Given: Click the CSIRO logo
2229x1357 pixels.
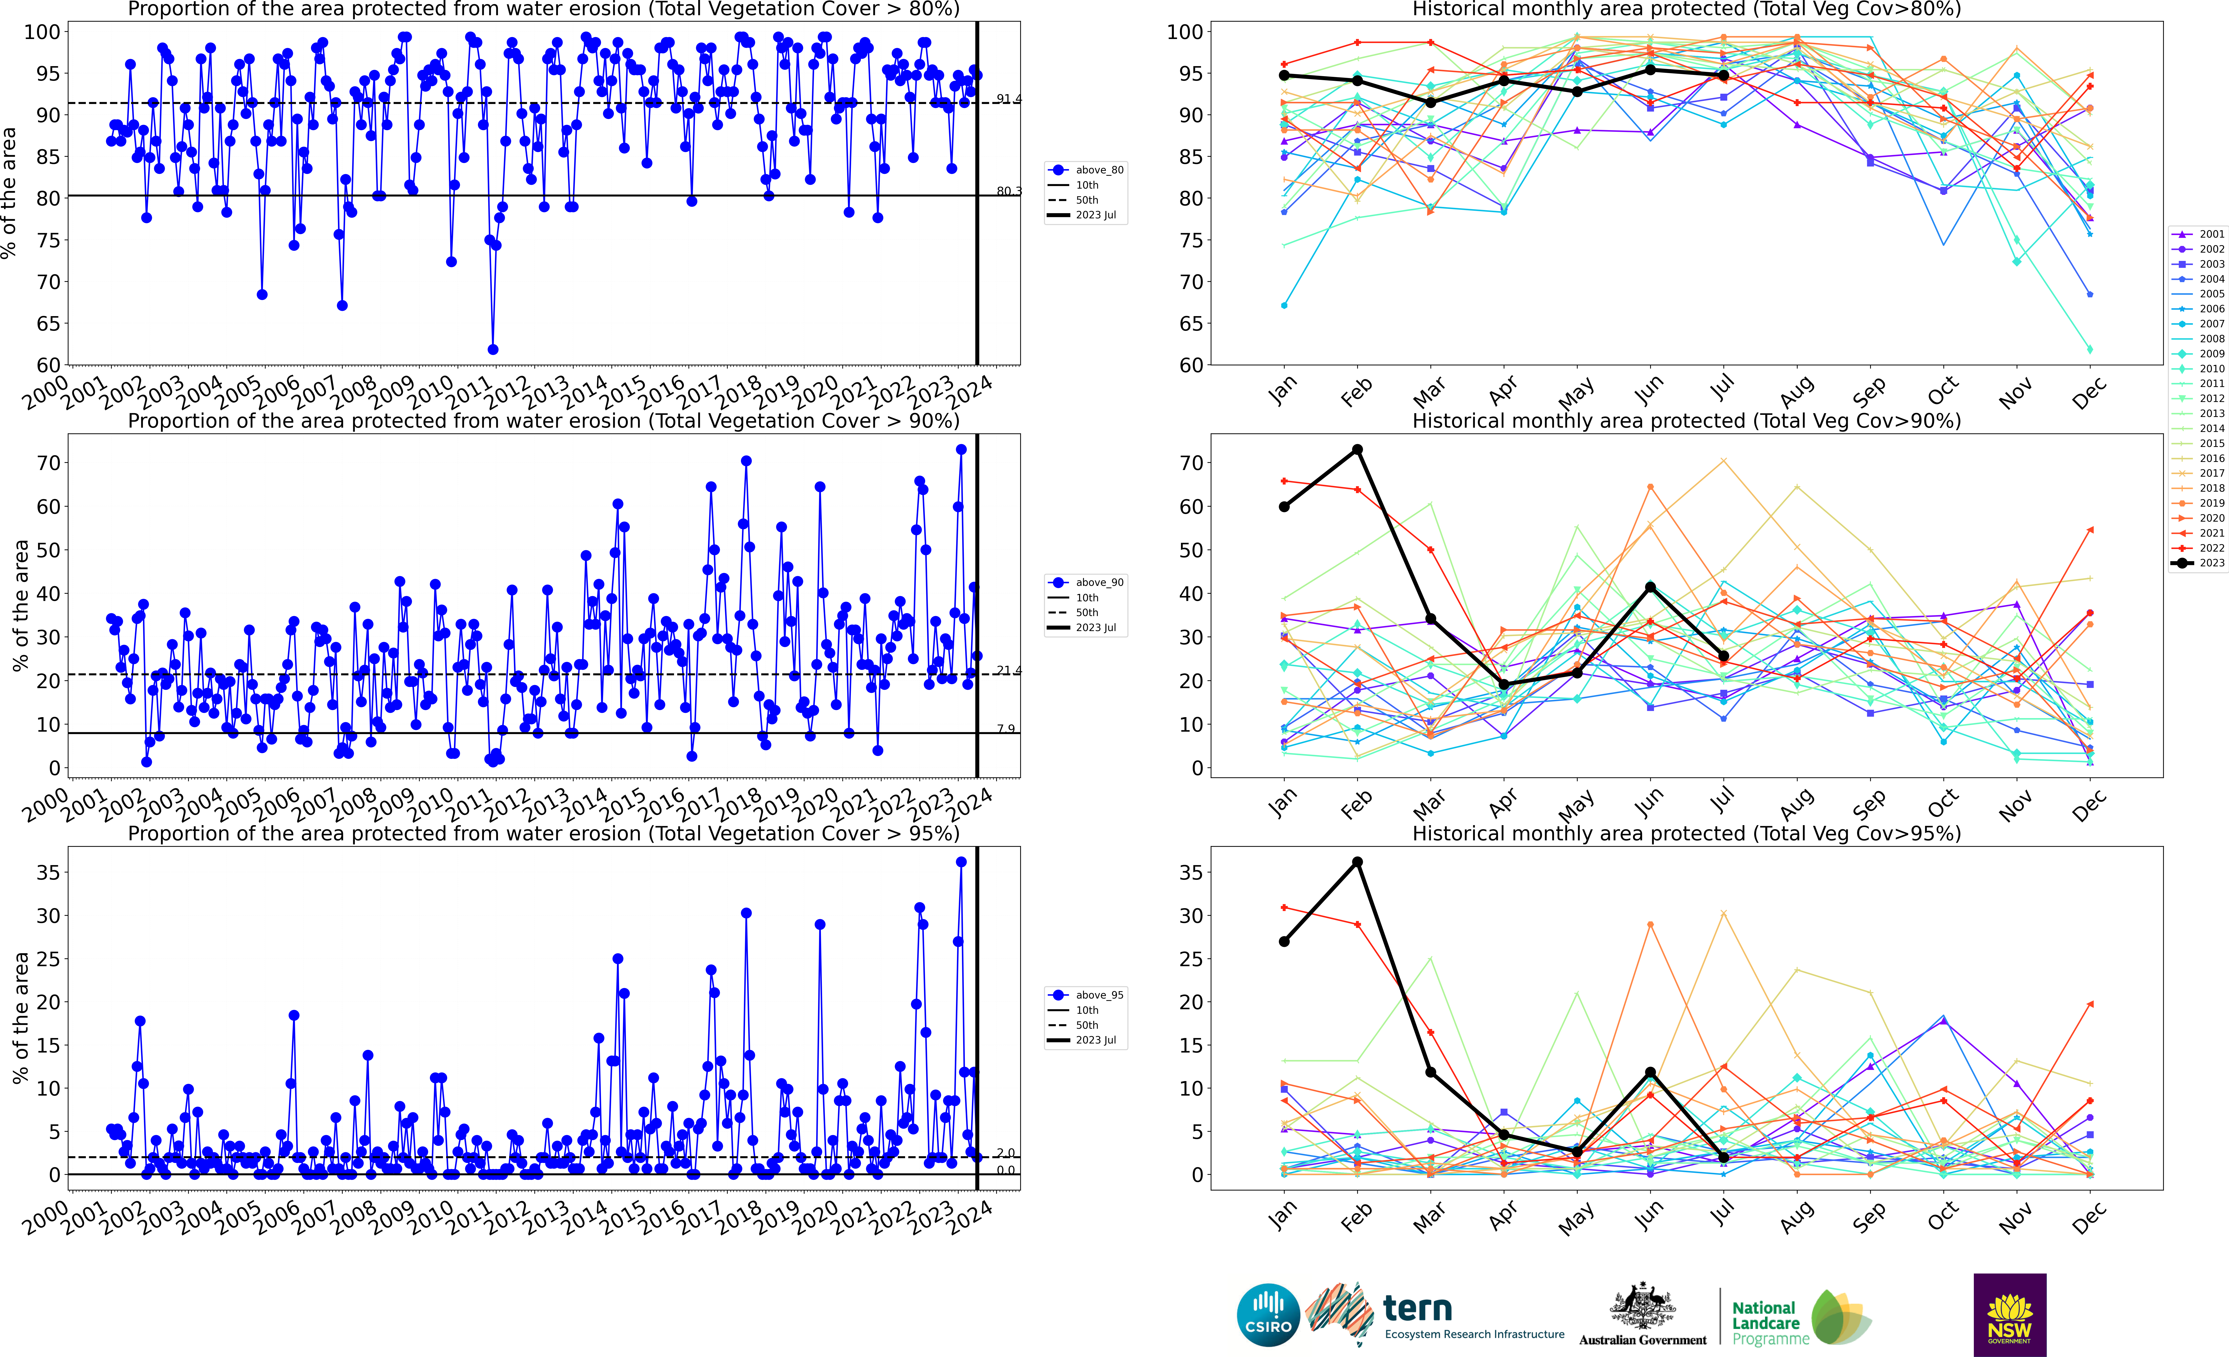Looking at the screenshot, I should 1268,1314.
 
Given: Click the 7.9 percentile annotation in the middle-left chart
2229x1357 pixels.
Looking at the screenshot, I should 1005,728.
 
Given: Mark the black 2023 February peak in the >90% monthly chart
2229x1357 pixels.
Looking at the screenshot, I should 1357,450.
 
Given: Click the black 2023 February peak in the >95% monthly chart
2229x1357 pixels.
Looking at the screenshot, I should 1357,862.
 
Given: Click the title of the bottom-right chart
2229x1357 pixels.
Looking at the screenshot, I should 1686,833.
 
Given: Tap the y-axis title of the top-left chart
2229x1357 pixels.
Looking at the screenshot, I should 10,193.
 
